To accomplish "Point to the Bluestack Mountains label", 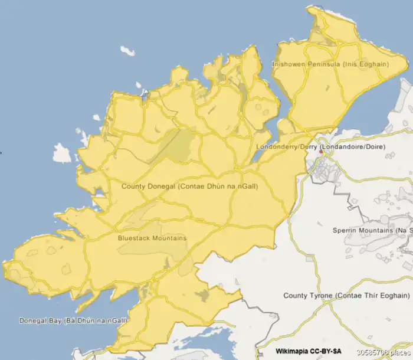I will click(x=152, y=238).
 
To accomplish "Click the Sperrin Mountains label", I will click(x=372, y=230).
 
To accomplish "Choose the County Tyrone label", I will click(x=347, y=295).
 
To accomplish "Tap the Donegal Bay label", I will click(x=73, y=321).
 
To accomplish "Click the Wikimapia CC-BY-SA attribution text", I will click(x=309, y=351).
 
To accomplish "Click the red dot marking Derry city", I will click(x=321, y=152).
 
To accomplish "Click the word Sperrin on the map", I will click(x=345, y=230).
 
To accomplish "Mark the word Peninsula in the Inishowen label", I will click(x=322, y=64).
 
